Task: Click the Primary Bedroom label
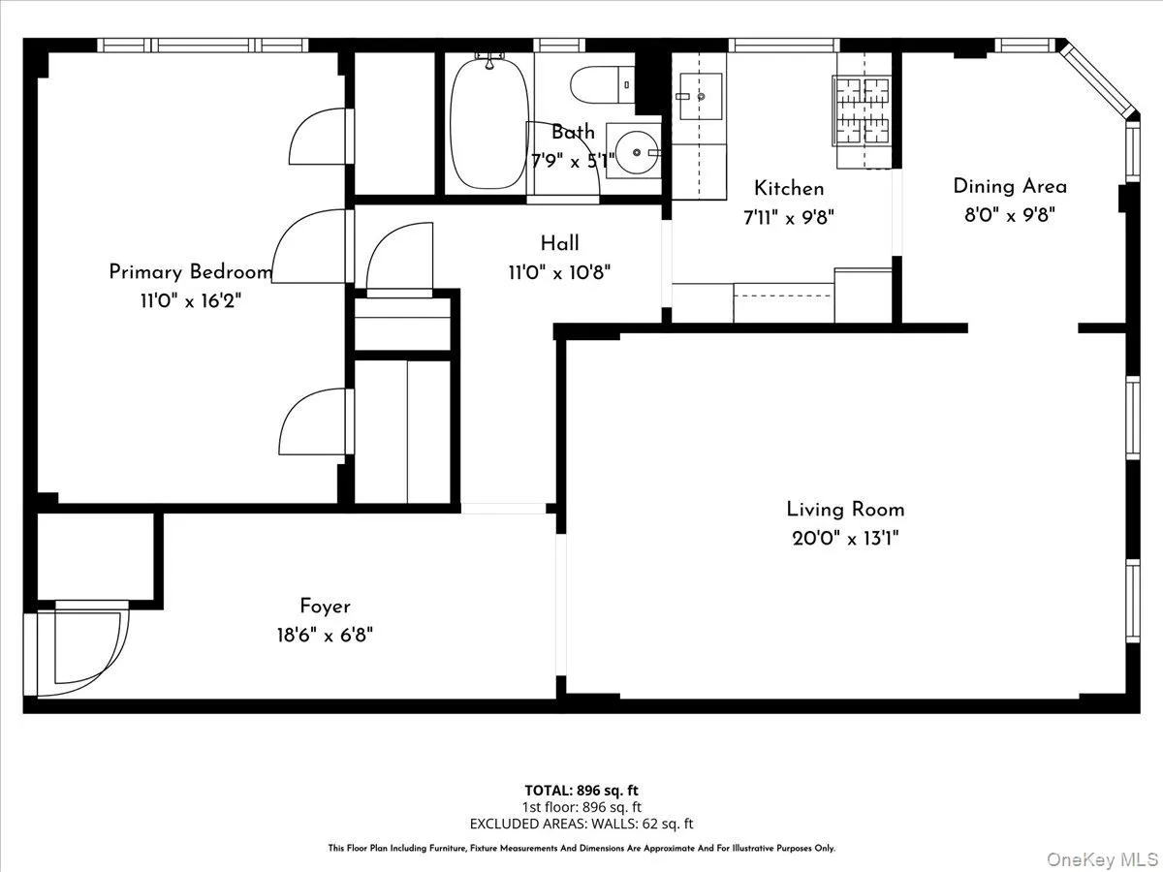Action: (190, 272)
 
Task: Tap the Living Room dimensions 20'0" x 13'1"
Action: (845, 539)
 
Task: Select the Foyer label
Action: (325, 607)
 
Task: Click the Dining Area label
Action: (1010, 186)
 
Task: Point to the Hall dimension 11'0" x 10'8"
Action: (559, 273)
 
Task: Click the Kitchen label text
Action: (789, 188)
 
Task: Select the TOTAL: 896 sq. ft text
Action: (581, 790)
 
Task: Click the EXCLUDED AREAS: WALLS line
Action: (581, 824)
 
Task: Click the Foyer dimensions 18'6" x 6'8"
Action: (325, 636)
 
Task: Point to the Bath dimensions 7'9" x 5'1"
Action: (573, 161)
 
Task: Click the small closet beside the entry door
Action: (95, 557)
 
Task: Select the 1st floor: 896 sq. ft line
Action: (581, 807)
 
